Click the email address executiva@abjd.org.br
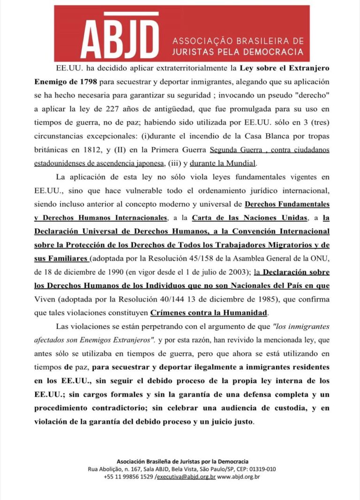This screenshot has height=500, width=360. tap(186, 477)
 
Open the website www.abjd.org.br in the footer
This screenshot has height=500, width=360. tap(239, 477)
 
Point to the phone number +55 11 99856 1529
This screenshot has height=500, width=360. tap(128, 477)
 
